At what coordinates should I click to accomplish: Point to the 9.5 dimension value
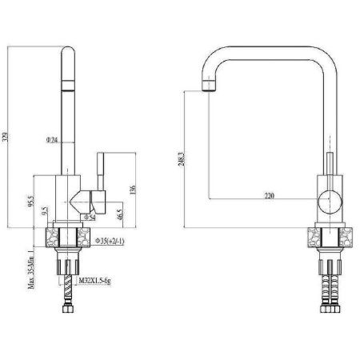(46, 214)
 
